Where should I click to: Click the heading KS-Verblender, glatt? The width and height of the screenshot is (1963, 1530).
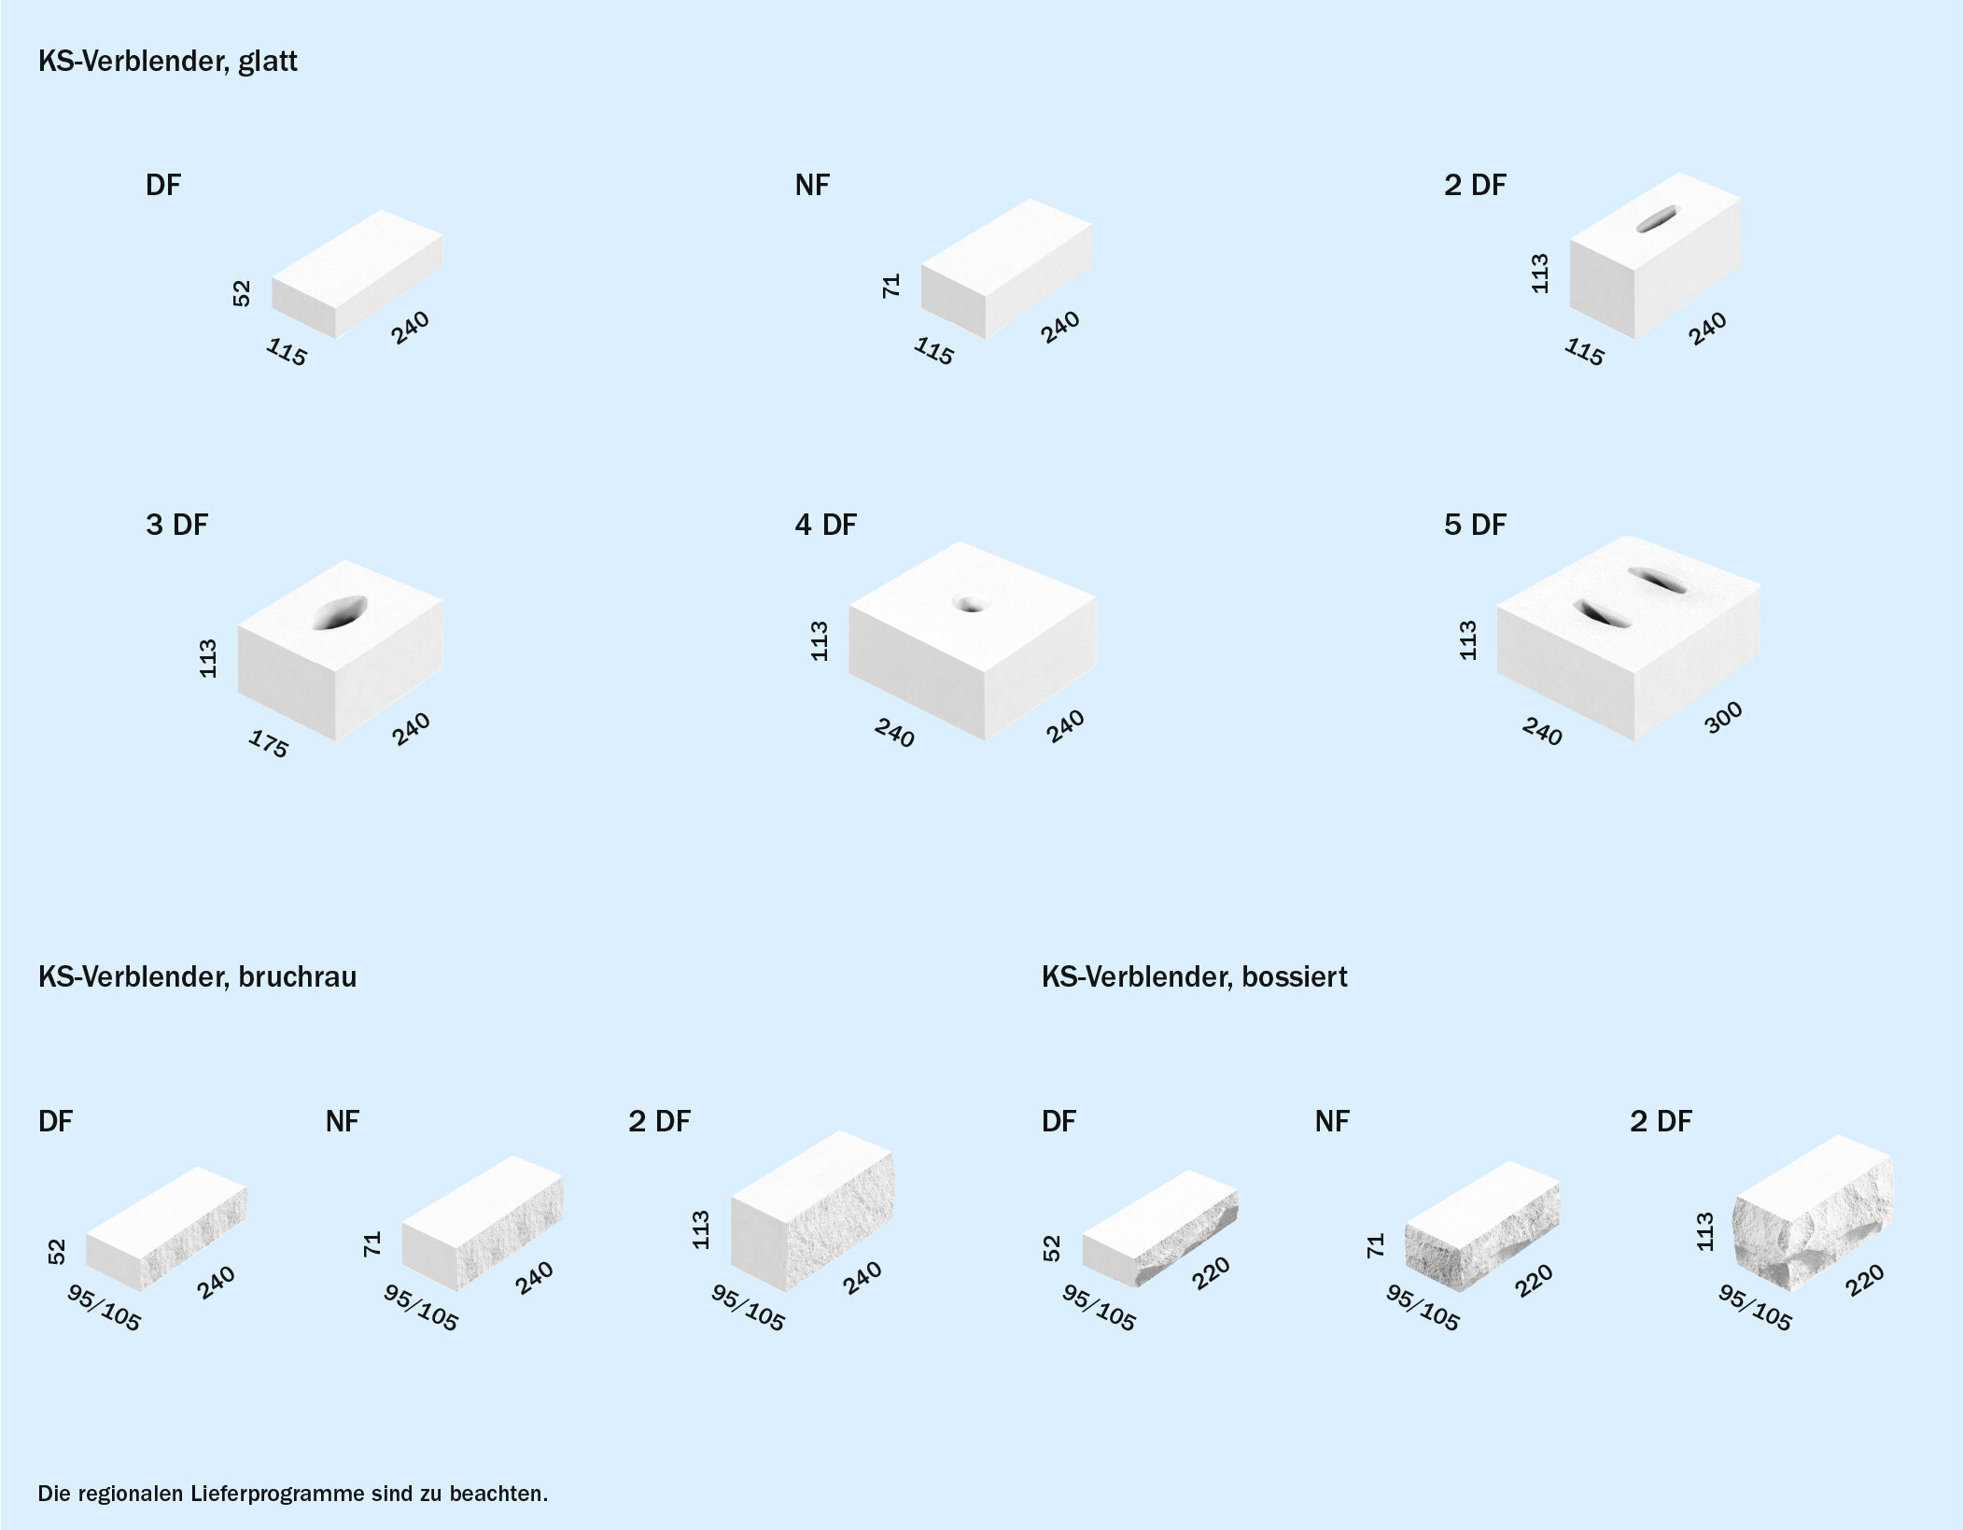coord(168,62)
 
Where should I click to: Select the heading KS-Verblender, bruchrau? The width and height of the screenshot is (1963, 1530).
coord(197,977)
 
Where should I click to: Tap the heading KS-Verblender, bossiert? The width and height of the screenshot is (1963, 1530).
coord(1195,977)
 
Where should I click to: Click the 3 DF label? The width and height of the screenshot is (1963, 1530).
coord(176,525)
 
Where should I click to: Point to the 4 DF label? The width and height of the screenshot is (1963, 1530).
coord(825,525)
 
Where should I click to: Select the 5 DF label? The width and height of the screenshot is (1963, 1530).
coord(1475,525)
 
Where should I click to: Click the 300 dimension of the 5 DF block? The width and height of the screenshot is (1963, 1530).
coord(1722,717)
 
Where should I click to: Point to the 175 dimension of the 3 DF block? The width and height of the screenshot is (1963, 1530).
coord(269,744)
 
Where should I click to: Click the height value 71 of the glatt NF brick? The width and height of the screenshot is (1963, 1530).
coord(891,286)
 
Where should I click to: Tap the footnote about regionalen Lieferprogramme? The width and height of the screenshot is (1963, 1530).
coord(293,1494)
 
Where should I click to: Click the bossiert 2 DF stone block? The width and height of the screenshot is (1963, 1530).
coord(1813,1213)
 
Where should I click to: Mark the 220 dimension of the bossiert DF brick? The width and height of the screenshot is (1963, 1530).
coord(1211,1273)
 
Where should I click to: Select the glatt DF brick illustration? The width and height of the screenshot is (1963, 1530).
coord(358,274)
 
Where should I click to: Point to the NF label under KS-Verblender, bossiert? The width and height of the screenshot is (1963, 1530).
coord(1332,1121)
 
